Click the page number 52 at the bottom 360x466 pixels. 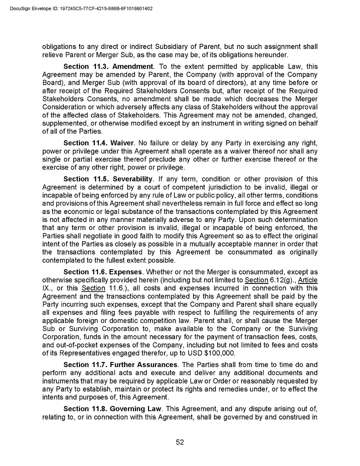point(180,442)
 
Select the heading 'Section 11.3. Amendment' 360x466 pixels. point(108,66)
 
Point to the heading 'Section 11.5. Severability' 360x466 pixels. point(108,179)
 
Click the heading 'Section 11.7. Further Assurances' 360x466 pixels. point(120,365)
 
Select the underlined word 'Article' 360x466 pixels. point(307,279)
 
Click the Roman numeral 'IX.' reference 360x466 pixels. point(49,288)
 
